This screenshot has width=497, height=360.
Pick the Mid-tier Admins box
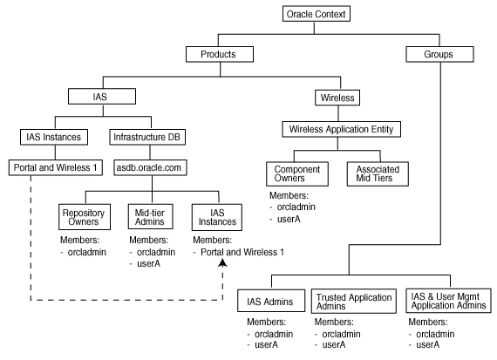coord(151,214)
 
